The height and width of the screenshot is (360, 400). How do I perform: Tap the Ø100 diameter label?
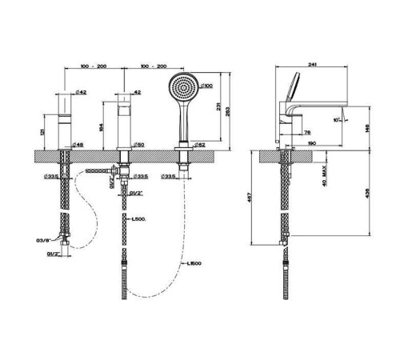pos(206,86)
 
